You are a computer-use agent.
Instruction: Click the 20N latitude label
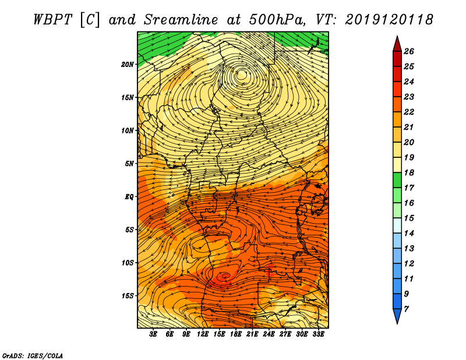[128, 65]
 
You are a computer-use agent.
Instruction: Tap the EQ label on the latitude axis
[129, 197]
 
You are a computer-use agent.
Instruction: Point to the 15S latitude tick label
[128, 296]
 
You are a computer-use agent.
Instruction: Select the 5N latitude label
[129, 164]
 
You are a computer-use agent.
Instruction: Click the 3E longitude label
[153, 334]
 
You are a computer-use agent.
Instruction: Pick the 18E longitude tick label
[236, 334]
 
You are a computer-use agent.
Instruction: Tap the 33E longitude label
[318, 334]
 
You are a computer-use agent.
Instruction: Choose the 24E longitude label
[269, 334]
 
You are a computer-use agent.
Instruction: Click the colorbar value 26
[409, 51]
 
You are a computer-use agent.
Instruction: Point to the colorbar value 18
[409, 172]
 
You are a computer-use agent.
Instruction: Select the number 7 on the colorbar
[406, 309]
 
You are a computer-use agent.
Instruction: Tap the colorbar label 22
[409, 112]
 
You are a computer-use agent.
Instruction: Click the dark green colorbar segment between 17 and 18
[397, 180]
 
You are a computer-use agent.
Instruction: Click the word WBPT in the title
[52, 20]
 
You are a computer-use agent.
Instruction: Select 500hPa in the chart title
[277, 20]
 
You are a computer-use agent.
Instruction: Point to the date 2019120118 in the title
[389, 20]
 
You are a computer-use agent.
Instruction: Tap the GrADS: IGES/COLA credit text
[33, 355]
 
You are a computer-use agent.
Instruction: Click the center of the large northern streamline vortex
[241, 75]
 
